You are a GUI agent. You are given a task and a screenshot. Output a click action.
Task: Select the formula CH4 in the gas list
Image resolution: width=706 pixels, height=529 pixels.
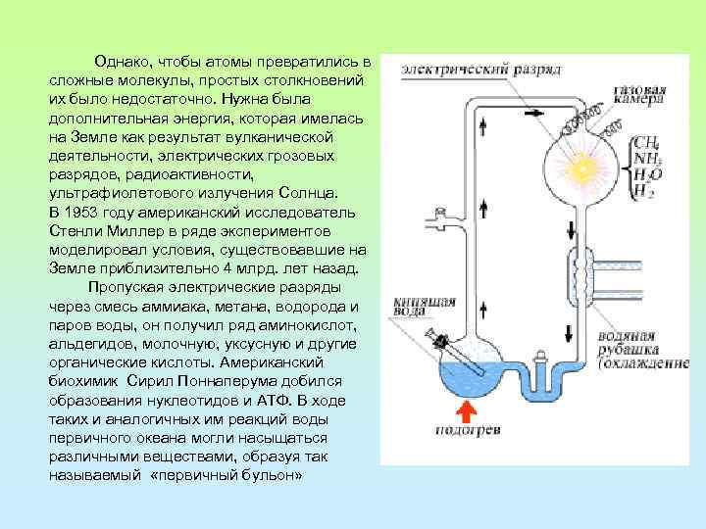[x=646, y=142]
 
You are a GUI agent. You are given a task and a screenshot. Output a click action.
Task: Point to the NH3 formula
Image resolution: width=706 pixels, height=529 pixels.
[x=646, y=158]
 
